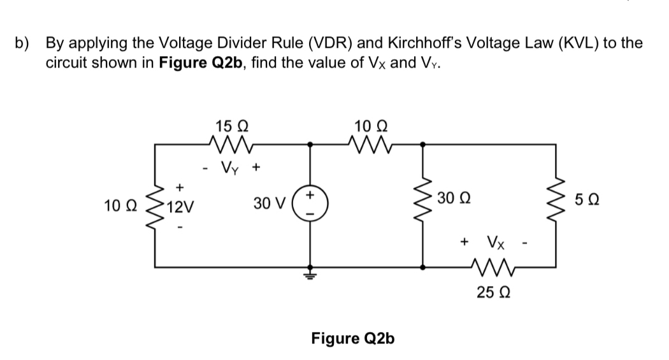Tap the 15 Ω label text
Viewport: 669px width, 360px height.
tap(229, 125)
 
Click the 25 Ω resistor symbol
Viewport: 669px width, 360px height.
tap(491, 266)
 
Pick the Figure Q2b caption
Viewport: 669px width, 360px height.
tap(352, 338)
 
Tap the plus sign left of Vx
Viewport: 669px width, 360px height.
tap(464, 242)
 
